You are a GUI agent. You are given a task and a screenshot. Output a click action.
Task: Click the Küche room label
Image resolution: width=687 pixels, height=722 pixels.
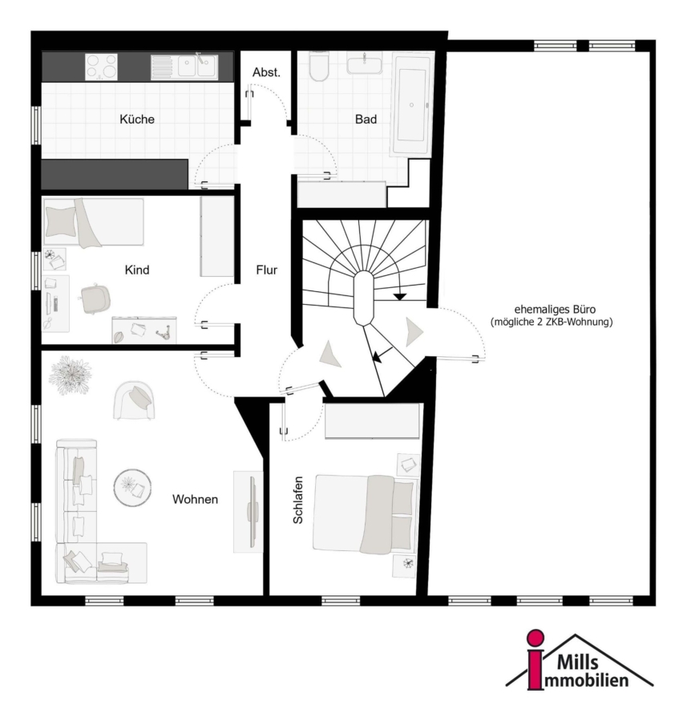point(136,120)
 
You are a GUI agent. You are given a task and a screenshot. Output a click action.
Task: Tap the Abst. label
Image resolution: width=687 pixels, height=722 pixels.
point(266,72)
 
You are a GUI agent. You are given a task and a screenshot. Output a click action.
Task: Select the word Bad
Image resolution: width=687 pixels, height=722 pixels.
point(366,120)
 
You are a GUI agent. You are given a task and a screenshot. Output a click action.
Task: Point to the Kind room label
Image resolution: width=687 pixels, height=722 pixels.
point(137,270)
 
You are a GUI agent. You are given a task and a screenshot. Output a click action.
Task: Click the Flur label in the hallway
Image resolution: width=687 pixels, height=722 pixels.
point(267,270)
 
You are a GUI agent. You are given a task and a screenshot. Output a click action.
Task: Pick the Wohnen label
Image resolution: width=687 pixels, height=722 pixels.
point(195,499)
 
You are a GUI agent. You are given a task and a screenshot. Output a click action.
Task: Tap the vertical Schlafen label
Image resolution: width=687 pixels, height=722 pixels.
point(298,500)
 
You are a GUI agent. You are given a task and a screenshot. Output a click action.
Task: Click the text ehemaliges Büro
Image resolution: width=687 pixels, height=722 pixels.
point(555,310)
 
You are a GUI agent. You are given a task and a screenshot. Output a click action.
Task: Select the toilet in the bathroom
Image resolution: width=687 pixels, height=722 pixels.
point(318,67)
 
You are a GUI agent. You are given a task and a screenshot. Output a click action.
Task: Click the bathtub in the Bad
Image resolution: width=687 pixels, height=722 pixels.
point(412,105)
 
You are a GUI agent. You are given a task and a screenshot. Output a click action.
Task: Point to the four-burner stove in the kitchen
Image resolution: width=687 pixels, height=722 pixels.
point(101,67)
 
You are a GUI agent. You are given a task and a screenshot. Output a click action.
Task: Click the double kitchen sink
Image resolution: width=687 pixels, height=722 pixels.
point(184,67)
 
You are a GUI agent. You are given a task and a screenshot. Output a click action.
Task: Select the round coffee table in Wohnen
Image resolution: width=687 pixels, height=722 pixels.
point(132,488)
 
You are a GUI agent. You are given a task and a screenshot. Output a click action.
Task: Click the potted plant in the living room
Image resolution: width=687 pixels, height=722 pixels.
point(70,375)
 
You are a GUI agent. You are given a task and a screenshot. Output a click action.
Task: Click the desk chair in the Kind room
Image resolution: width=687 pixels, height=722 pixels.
point(95,299)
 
